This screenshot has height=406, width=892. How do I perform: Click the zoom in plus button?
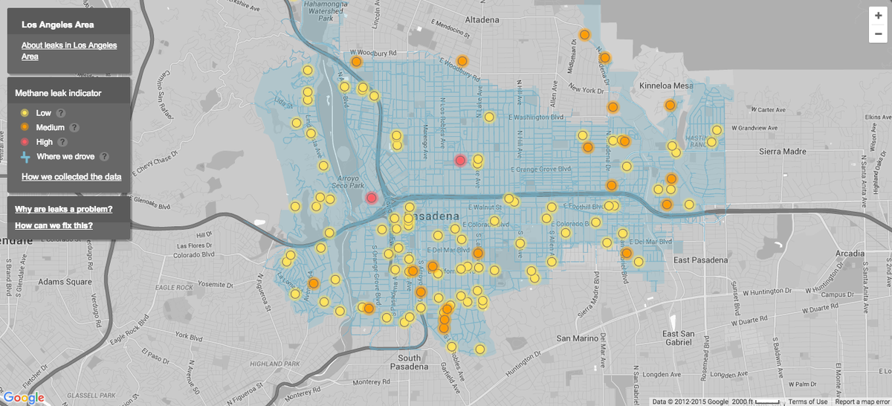pos(878,16)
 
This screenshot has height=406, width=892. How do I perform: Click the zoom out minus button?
pos(878,33)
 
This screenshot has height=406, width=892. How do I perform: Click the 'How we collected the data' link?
pos(71,177)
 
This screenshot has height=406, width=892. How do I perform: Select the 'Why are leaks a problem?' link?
pos(64,209)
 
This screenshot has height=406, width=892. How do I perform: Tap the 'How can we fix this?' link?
pos(54,225)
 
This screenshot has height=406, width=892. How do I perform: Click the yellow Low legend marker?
pos(25,113)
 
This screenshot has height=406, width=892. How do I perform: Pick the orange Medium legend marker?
pos(25,127)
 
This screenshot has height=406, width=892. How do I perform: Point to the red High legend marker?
pos(25,141)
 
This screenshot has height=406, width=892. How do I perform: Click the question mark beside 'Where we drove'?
pos(104,156)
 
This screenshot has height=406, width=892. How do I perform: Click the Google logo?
pos(25,398)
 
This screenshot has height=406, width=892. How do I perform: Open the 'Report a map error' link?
pos(862,402)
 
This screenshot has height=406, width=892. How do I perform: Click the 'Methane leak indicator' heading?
pos(58,94)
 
